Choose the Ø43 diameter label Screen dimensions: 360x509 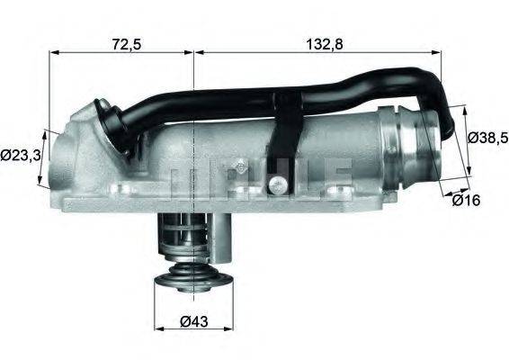tap(195, 320)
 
